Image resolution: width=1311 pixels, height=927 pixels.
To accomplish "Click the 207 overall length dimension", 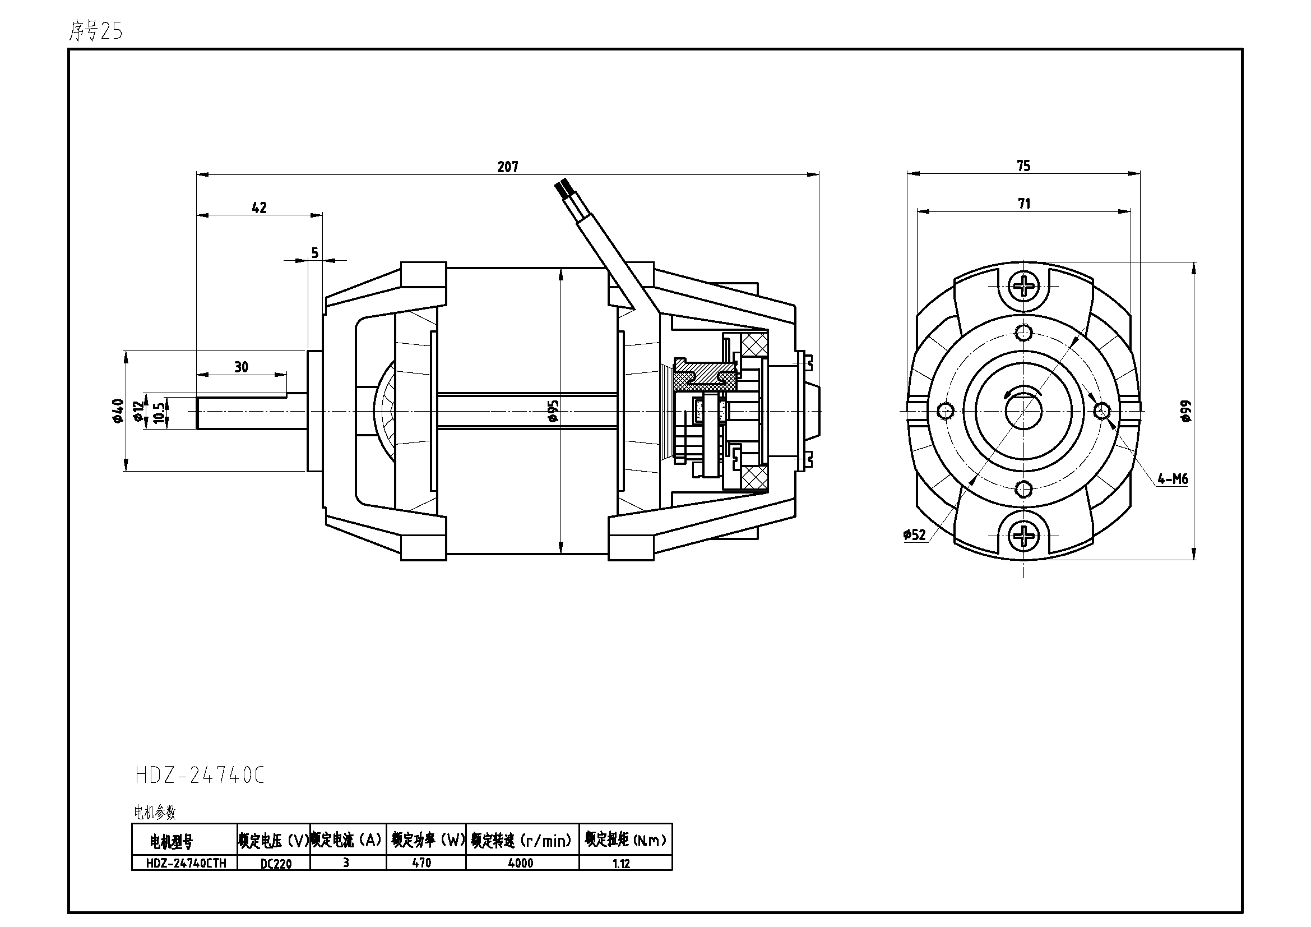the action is [508, 167].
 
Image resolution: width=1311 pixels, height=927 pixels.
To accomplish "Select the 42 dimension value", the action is [260, 207].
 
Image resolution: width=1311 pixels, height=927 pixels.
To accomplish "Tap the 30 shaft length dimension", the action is [242, 367].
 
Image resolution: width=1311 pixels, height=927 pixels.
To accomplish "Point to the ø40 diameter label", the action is [118, 411].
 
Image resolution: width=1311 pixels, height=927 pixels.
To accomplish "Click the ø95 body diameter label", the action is [553, 411].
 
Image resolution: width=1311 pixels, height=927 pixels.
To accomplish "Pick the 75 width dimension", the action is [1024, 165].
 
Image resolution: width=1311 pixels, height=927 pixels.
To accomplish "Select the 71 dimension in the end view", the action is [1025, 204].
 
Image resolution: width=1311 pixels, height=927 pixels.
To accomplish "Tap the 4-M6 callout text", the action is [1173, 478].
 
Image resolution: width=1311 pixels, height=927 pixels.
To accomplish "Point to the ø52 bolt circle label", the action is [914, 534].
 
